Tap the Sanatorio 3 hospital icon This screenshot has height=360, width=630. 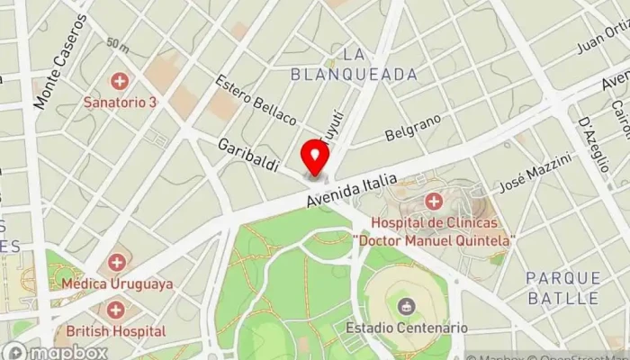coord(119,82)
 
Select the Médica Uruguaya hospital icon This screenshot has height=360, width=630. coord(116,263)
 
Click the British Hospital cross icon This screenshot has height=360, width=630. coord(116,310)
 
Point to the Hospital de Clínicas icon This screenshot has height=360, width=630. coord(434,200)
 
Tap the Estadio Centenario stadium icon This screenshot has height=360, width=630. coord(406,307)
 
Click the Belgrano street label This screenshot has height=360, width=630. coord(413,128)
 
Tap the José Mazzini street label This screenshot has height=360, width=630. coord(546,172)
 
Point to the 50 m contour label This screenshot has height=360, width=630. coord(117,43)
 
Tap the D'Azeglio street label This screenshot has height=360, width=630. coord(594,135)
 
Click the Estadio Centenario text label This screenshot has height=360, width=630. coord(406,328)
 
